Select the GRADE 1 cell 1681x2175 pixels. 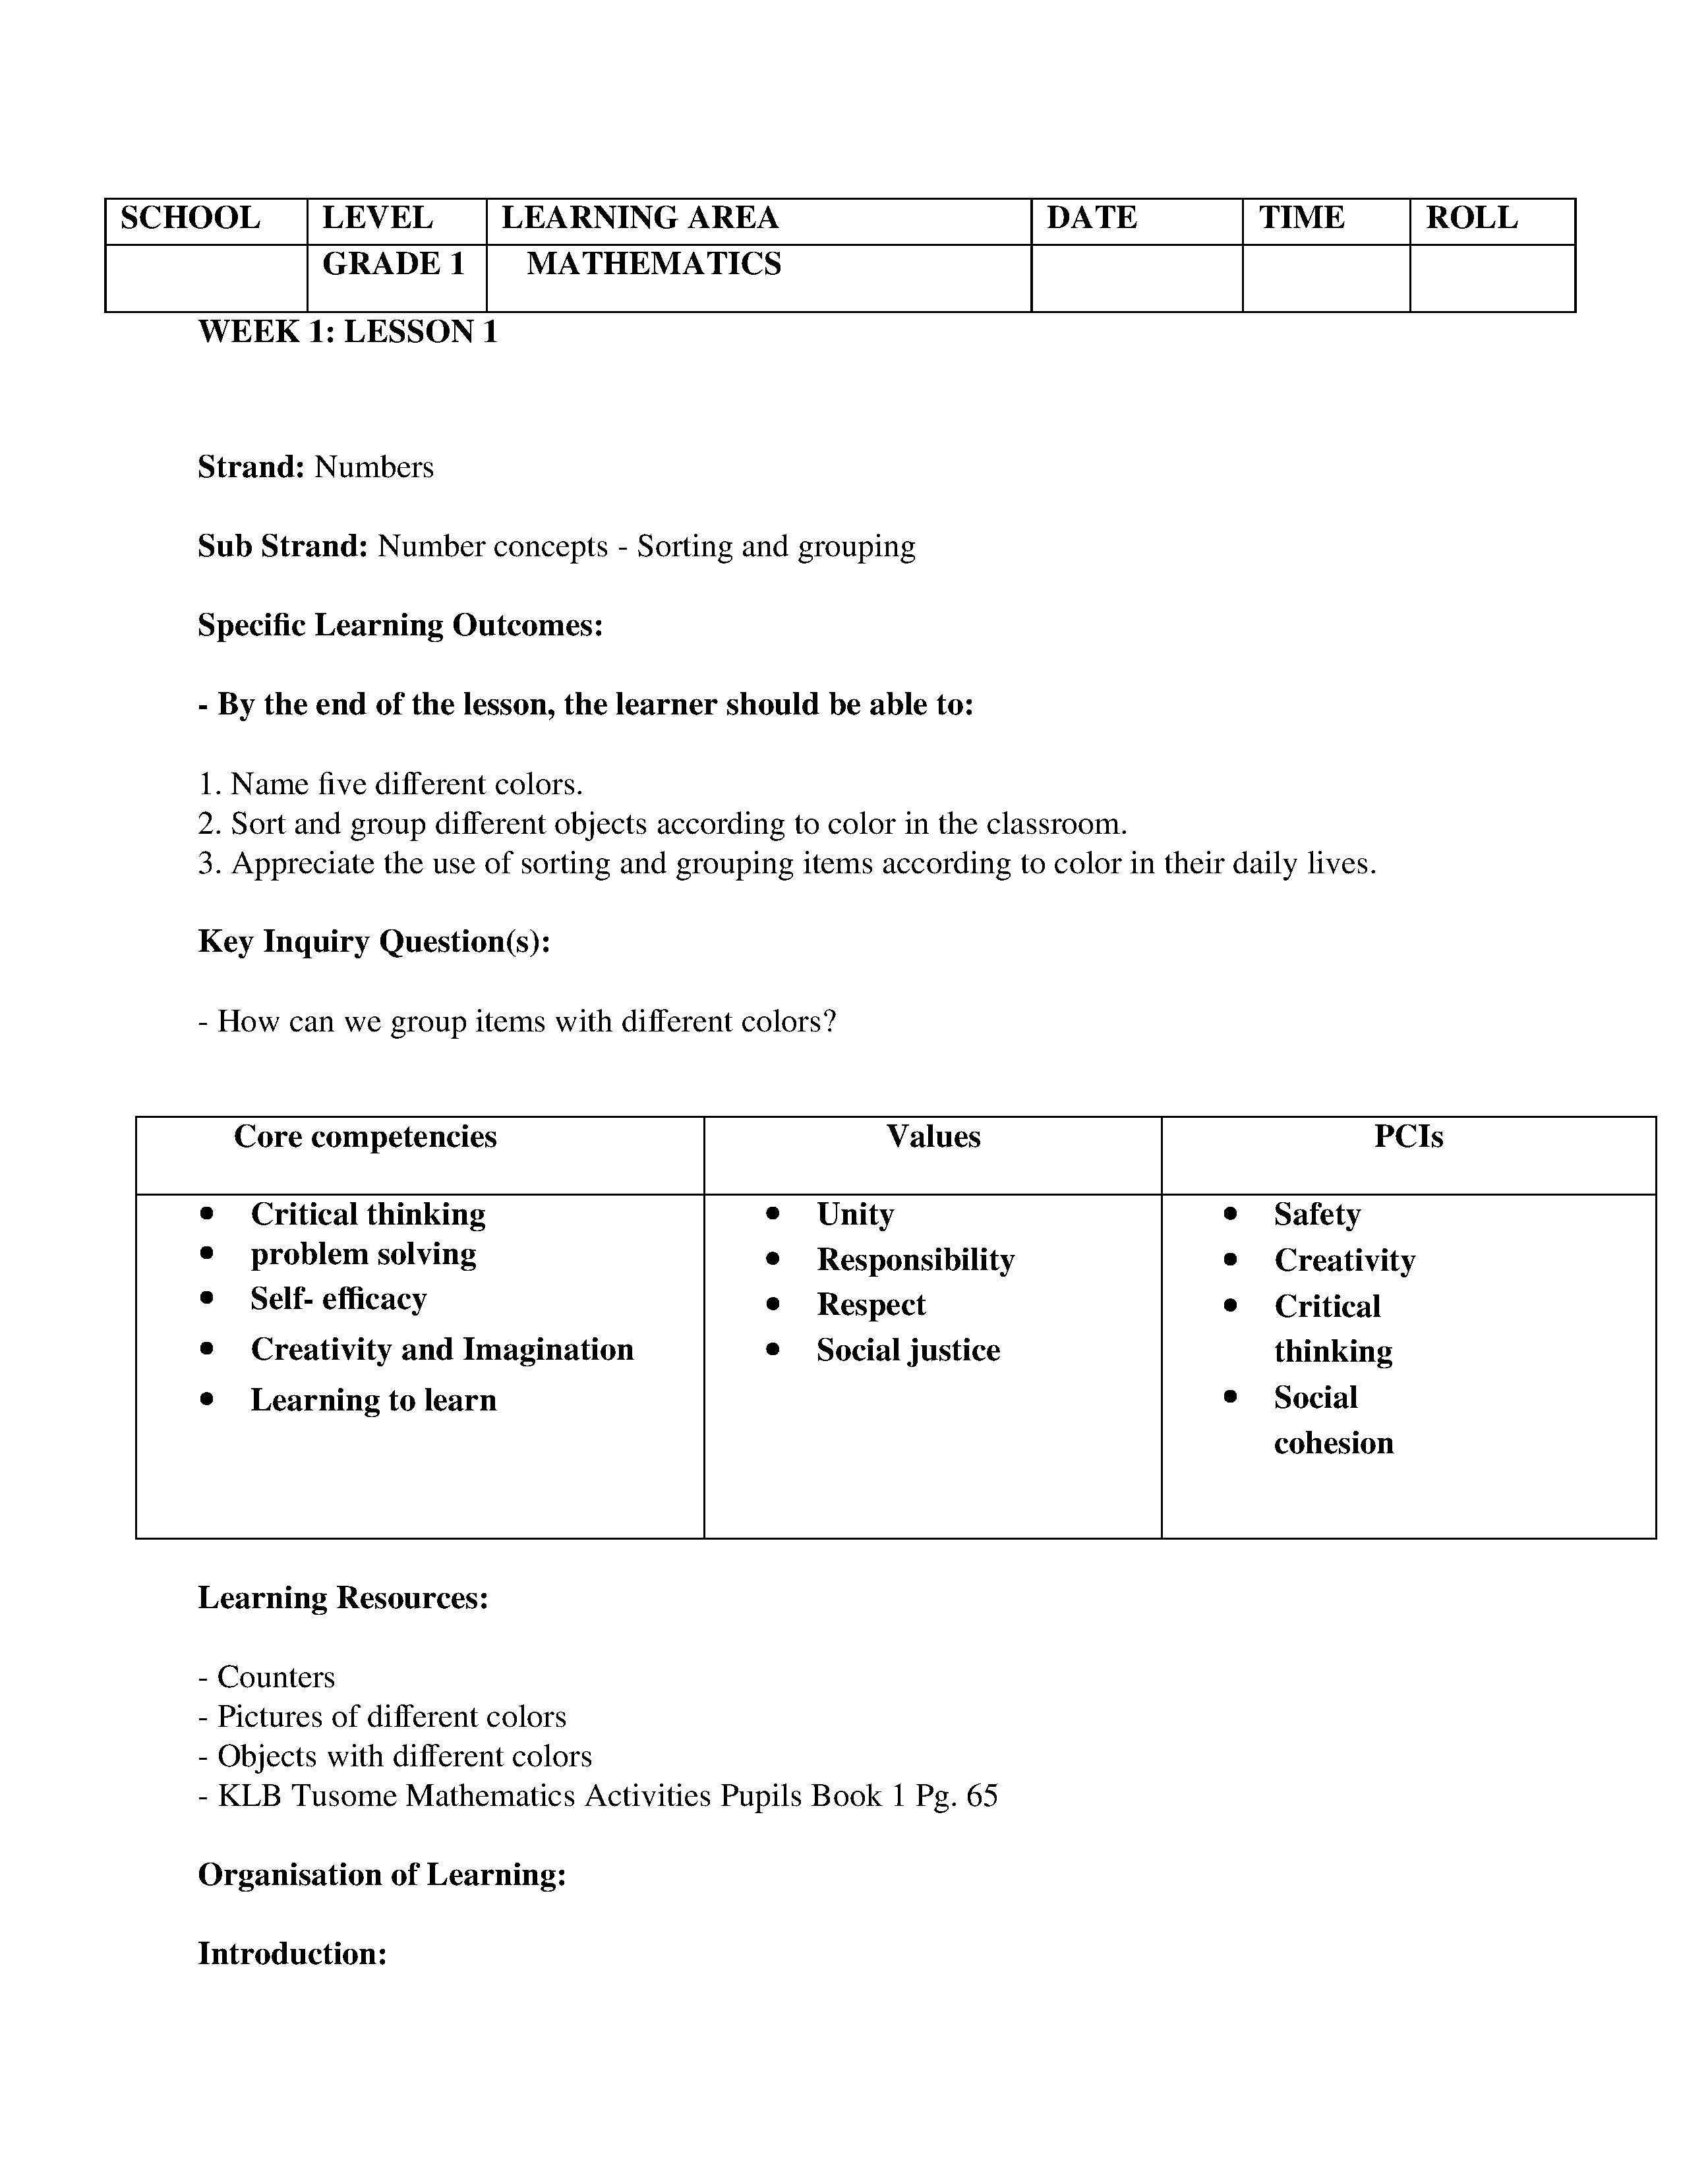tap(394, 264)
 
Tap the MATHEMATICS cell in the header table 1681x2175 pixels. tap(653, 264)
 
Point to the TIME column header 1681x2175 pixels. tap(1301, 218)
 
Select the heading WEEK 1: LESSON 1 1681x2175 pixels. tap(347, 332)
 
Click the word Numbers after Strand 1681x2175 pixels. tap(373, 467)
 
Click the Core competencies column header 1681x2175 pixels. tap(365, 1136)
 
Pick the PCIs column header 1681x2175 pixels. tap(1408, 1136)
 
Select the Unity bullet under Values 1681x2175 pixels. tap(854, 1214)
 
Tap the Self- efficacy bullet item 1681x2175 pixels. tap(339, 1298)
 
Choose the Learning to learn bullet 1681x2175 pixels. tap(373, 1400)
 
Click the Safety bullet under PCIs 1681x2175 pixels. tap(1316, 1214)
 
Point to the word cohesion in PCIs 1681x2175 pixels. tap(1334, 1443)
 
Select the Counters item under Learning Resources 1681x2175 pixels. tap(276, 1677)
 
